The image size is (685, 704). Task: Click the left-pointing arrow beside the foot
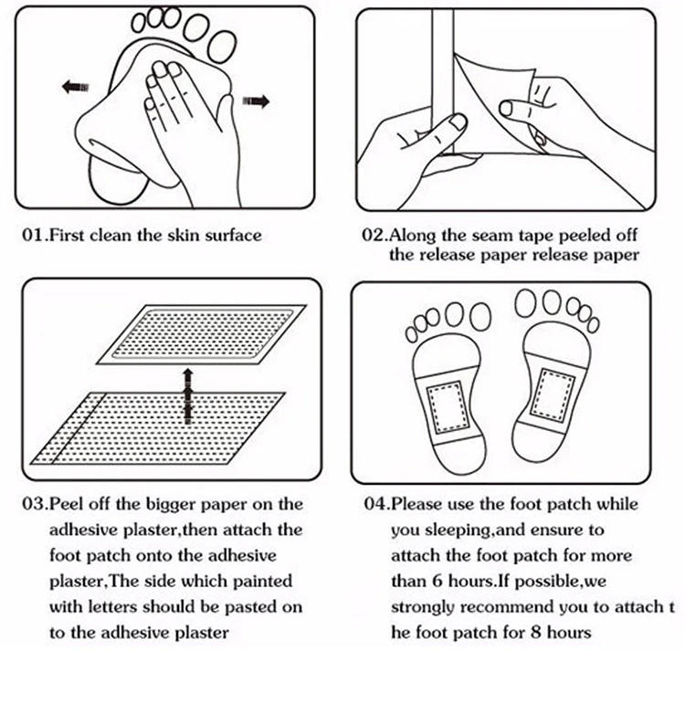point(75,86)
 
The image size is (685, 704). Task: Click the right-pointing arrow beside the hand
point(256,101)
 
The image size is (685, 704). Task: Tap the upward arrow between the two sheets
point(188,396)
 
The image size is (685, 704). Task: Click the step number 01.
point(33,236)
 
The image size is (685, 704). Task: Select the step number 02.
point(374,236)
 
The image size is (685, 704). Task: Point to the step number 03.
point(34,504)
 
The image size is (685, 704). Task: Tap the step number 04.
point(375,504)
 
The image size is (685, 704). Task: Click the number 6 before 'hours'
point(437,582)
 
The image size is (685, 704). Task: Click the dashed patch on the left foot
point(447,407)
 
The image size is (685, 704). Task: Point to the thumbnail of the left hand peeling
point(458,121)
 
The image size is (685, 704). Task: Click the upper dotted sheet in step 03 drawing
point(201,334)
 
